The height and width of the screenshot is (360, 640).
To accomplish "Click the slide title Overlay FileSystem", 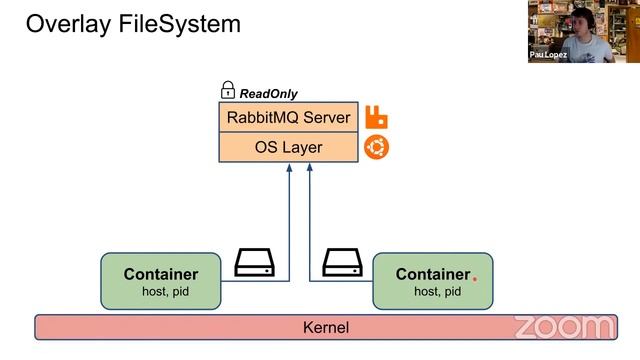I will [x=133, y=24].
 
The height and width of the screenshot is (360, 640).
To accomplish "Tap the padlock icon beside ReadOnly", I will [x=227, y=91].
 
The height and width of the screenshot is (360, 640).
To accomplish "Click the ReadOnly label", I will [x=268, y=93].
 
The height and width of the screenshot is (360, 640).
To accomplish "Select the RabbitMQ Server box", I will [x=288, y=117].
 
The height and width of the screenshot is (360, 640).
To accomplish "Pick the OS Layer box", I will [x=288, y=147].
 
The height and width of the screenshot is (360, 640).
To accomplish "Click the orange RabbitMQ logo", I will [x=377, y=117].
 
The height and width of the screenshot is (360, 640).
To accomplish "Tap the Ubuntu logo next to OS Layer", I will [x=377, y=147].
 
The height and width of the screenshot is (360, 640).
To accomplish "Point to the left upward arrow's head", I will [x=289, y=168].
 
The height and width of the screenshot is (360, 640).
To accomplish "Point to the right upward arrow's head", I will [x=309, y=168].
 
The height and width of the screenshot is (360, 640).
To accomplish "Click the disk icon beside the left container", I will [x=254, y=263].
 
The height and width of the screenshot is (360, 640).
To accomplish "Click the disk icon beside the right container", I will [x=342, y=263].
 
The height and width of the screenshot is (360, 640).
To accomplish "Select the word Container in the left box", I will [x=161, y=274].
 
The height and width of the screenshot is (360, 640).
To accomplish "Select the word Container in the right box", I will [x=432, y=274].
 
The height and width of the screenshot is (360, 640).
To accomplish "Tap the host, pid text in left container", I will [x=161, y=292].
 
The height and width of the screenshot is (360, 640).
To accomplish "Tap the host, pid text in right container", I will [x=438, y=292].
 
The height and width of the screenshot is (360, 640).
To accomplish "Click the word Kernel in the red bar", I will [x=326, y=327].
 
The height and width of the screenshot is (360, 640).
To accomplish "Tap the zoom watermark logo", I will [x=563, y=326].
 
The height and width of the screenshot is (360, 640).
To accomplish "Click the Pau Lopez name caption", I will [x=549, y=55].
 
